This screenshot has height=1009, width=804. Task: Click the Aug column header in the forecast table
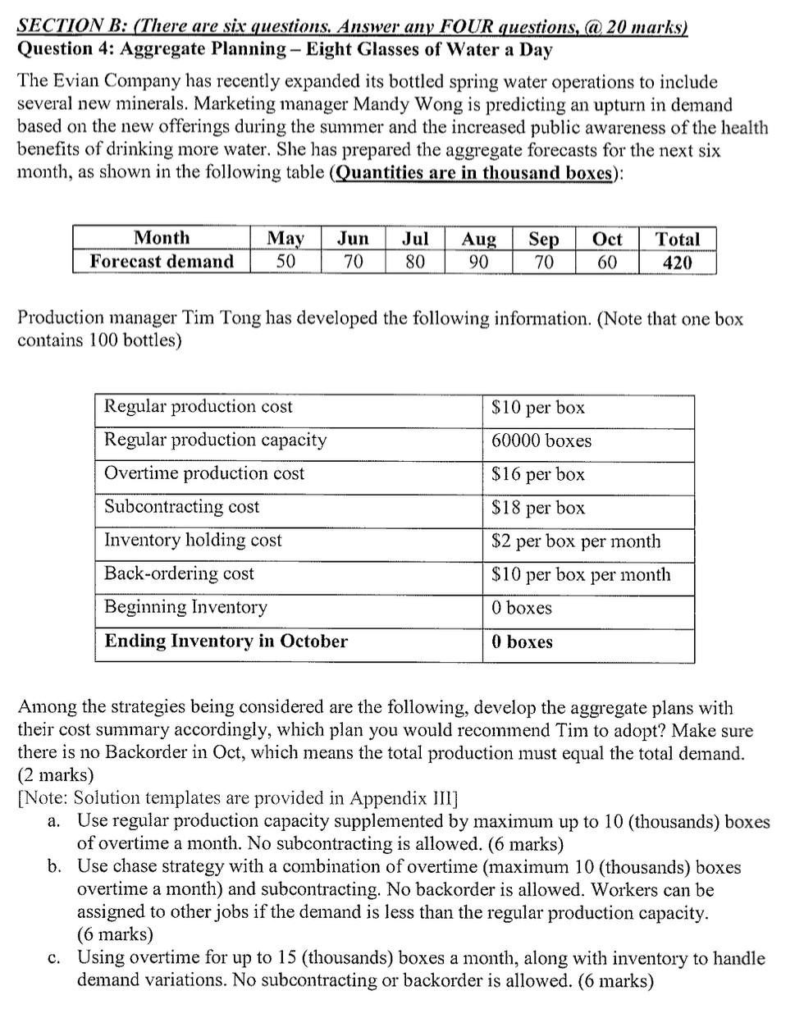point(479,239)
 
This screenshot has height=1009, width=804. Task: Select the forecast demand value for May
point(285,262)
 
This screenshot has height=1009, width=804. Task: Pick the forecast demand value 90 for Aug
point(479,262)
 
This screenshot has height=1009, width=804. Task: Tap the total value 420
point(677,262)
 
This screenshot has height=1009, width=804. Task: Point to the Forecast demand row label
point(162,262)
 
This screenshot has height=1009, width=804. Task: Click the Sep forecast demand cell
point(543,262)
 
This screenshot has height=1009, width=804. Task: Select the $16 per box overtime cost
point(537,474)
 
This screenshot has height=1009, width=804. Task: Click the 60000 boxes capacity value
point(541,441)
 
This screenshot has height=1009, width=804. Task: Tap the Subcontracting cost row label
point(181,507)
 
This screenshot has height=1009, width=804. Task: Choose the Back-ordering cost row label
point(179,573)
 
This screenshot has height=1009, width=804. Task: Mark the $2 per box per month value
point(575,541)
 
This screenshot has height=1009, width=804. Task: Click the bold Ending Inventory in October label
point(226,641)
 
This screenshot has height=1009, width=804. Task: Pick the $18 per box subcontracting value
point(537,508)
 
